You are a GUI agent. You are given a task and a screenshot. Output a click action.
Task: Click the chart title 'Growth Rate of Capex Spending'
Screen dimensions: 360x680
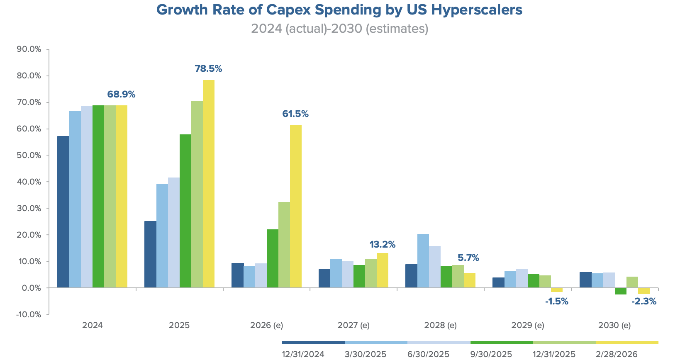click(339, 10)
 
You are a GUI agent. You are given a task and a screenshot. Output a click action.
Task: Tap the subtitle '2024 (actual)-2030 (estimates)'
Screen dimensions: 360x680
click(339, 29)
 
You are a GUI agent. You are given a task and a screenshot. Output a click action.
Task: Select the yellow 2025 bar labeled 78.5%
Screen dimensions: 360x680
click(209, 184)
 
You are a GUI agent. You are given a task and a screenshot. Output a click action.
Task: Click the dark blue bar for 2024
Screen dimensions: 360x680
click(63, 212)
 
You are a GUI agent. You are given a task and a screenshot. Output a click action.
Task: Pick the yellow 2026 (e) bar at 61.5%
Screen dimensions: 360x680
click(296, 206)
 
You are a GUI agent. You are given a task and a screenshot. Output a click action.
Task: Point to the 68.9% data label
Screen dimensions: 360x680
click(121, 95)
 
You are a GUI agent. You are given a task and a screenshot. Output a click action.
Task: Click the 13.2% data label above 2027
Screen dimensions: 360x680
click(382, 245)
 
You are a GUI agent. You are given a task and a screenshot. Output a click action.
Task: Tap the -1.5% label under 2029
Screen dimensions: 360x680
click(556, 302)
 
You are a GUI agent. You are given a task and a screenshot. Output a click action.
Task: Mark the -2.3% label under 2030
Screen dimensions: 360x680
click(643, 302)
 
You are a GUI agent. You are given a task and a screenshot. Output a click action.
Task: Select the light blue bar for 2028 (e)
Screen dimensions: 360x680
click(423, 261)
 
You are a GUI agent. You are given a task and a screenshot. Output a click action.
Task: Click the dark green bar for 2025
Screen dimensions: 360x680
click(185, 211)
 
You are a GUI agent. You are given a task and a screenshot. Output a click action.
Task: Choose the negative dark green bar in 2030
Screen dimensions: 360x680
click(621, 291)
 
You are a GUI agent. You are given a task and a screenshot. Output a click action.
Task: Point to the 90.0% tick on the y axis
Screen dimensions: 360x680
click(29, 49)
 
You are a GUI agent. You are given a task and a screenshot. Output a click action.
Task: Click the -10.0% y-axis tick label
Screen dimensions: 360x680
click(29, 314)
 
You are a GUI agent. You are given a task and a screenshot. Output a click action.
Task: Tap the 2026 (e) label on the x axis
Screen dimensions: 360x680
click(266, 325)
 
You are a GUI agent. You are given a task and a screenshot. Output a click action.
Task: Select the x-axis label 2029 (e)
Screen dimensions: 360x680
click(527, 325)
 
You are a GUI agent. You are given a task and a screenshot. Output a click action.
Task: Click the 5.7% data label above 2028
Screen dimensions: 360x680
click(468, 258)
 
